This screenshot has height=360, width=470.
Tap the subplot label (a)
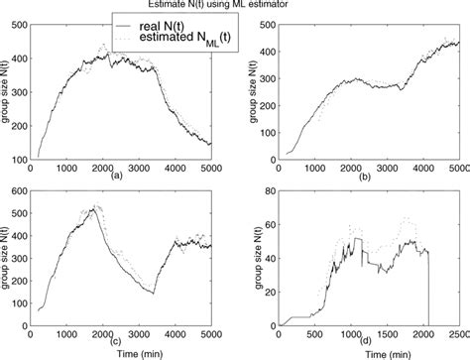coord(117,175)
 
